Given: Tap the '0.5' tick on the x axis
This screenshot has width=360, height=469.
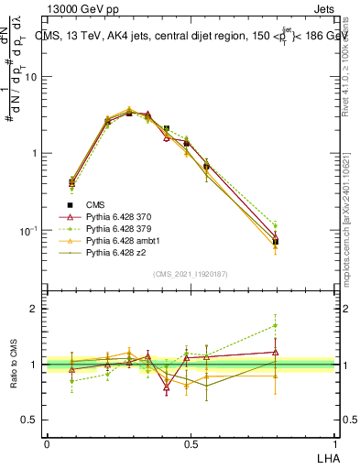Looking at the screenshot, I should (191, 444).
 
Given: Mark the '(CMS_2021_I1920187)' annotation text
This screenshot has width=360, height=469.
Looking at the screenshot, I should (190, 275).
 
